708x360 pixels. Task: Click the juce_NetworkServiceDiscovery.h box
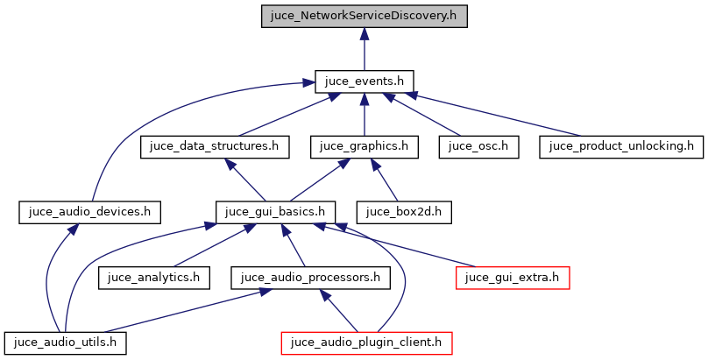(x=364, y=17)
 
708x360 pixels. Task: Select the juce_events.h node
(x=364, y=81)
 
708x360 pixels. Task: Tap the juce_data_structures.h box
(x=215, y=146)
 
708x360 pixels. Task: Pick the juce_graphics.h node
(x=364, y=146)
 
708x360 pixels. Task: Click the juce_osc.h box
(x=478, y=146)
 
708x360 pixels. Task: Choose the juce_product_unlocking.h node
(x=621, y=146)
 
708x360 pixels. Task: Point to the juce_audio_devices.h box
(x=90, y=211)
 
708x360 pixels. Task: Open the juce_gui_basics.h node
(x=276, y=211)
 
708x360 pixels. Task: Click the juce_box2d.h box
(x=404, y=211)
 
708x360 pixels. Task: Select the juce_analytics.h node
(x=154, y=277)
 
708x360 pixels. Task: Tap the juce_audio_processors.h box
(x=310, y=277)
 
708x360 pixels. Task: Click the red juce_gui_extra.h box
(x=513, y=277)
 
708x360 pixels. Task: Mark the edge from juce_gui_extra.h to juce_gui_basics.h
(x=403, y=246)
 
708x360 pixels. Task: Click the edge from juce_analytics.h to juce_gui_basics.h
(x=210, y=246)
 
